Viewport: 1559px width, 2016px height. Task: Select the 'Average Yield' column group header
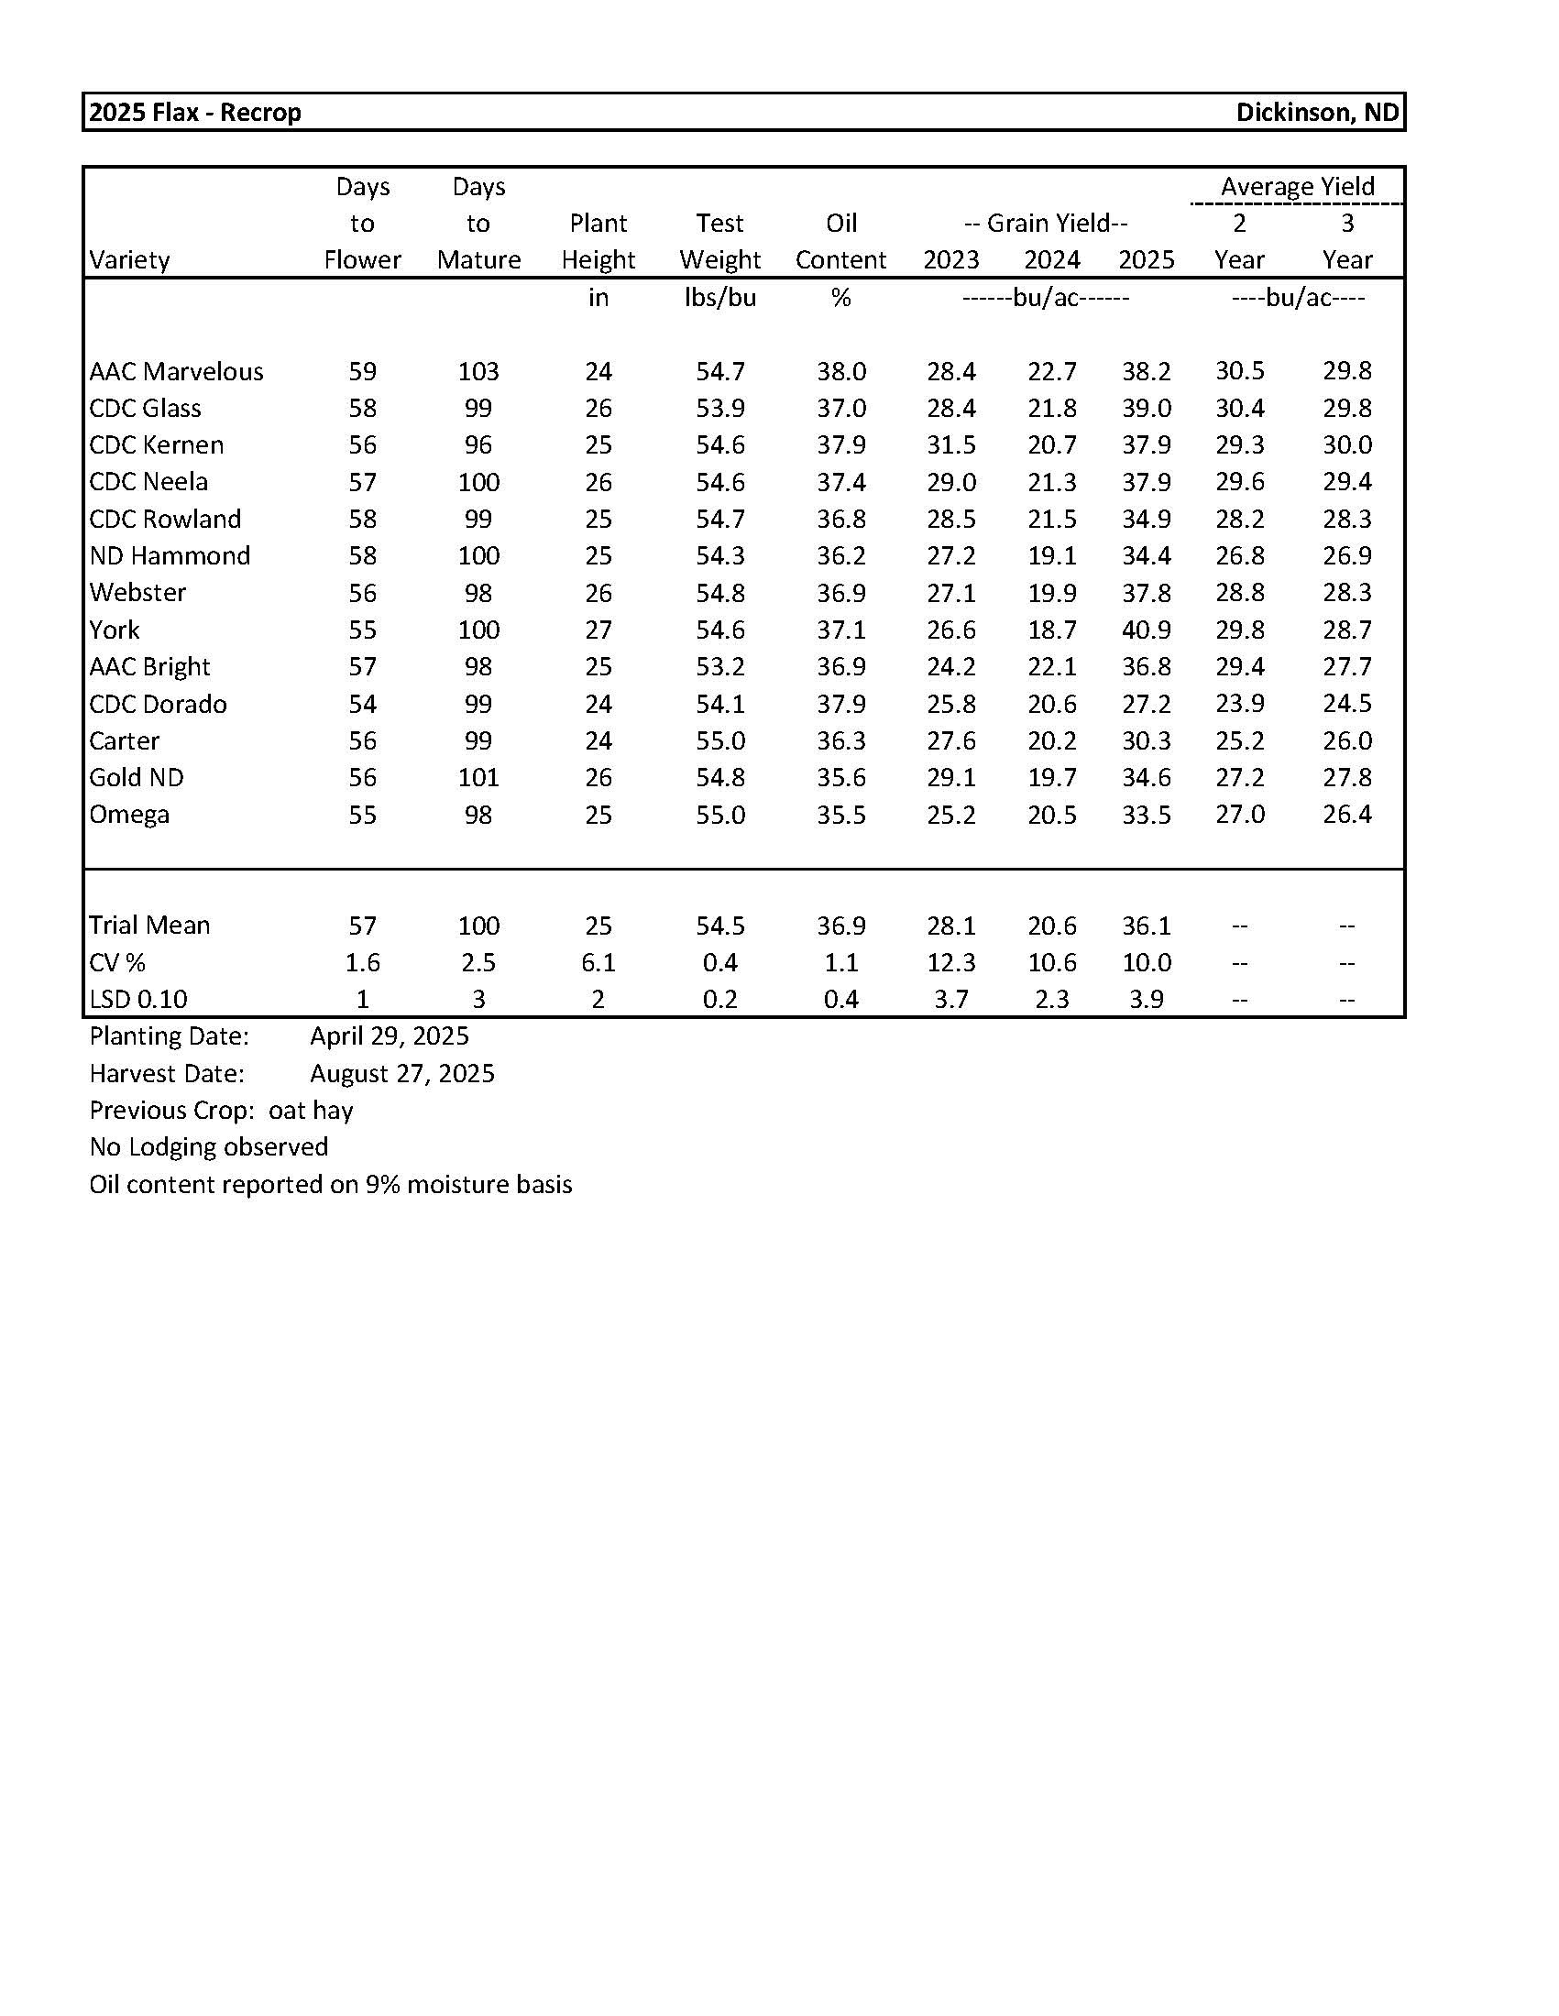coord(1297,186)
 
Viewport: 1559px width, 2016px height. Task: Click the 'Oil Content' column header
coord(840,242)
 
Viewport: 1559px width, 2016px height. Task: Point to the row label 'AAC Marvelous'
coord(176,371)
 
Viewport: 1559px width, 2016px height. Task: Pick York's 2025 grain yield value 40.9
coord(1146,630)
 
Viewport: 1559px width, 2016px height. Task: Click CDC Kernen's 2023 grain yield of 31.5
coord(950,445)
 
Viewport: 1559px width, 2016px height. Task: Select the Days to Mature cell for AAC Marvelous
coord(478,371)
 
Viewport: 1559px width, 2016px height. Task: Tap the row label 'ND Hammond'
coord(170,555)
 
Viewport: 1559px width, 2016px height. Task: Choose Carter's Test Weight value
coord(719,740)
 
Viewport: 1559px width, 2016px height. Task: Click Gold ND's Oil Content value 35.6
coord(840,777)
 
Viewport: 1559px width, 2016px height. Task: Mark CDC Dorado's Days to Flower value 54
coord(362,704)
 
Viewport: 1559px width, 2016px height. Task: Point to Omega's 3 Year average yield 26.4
coord(1345,814)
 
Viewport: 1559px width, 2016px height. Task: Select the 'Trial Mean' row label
coord(149,925)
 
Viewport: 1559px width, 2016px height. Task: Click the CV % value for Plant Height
coord(598,962)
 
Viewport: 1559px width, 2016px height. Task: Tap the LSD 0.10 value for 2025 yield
coord(1146,999)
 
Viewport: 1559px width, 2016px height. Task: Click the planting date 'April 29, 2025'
coord(389,1035)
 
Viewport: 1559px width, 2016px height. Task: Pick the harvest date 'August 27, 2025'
coord(401,1073)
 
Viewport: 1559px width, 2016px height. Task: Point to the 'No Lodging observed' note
coord(209,1146)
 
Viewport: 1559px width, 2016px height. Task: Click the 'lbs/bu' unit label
coord(719,297)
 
